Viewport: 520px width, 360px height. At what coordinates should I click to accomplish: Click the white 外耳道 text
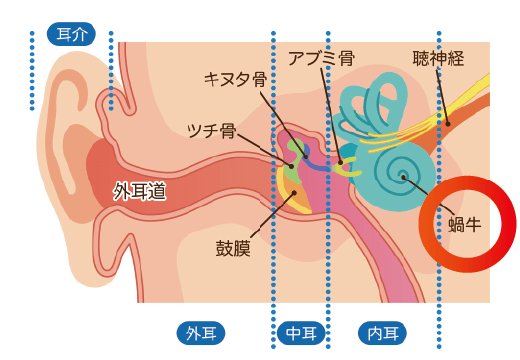pos(139,190)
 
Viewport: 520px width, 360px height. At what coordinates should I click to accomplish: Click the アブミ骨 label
pos(321,58)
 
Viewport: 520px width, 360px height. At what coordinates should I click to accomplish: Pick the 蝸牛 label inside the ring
pos(466,223)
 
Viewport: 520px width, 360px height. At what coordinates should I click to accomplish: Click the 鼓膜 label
pos(233,246)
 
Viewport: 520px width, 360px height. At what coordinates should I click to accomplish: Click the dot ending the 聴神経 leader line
pos(448,123)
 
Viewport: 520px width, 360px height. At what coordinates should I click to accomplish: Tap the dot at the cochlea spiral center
pos(404,178)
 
